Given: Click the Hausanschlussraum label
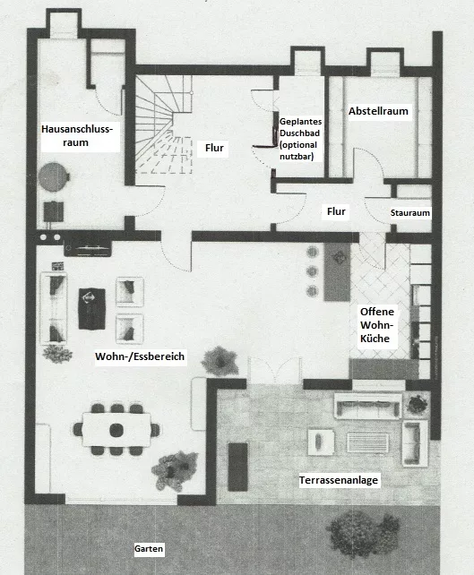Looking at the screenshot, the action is coord(77,135).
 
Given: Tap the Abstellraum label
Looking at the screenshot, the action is coord(378,111).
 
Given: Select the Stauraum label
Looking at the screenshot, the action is coord(409,212).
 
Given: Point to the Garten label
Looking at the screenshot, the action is coord(149,549).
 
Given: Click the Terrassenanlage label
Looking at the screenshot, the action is coord(339,480).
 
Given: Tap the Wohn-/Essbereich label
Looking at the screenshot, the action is coord(140,356).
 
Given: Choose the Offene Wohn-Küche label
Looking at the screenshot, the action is coord(377,325).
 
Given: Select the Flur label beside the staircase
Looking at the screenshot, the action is coord(214,148).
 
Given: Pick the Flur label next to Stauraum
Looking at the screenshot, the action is coord(336,211).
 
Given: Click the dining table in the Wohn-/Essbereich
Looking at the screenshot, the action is coord(116,429).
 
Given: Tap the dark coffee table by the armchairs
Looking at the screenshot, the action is coord(91,309).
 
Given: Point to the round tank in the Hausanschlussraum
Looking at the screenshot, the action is coord(54,177).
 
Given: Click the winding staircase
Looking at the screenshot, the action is coord(163,124).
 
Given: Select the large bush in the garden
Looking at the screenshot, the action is coord(362,533).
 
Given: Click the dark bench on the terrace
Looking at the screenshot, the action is coord(237,467).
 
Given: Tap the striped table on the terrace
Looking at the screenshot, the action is coord(367,442).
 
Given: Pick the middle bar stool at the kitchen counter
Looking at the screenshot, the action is coord(312,271).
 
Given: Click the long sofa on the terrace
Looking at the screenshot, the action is coord(368,406).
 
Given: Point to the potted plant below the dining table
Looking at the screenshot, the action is coord(175,470).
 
